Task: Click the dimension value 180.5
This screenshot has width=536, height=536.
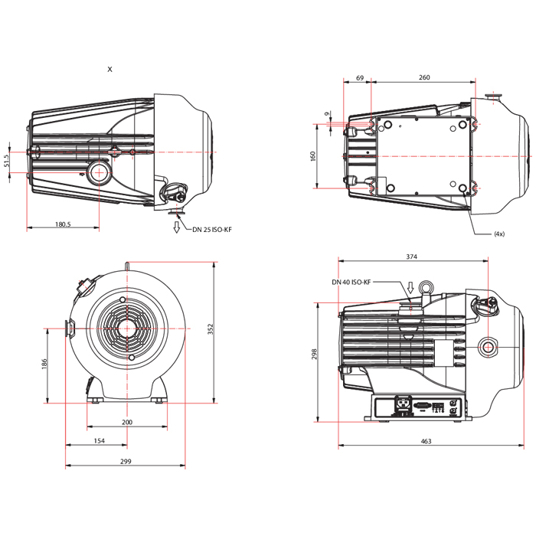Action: [x=63, y=224]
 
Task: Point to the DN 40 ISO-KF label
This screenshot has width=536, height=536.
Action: [x=351, y=282]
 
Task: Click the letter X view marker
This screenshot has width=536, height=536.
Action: [x=109, y=69]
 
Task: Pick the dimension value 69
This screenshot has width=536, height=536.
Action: [x=359, y=77]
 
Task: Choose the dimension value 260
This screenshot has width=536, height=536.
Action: [x=424, y=77]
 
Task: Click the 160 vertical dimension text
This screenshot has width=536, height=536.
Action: [x=313, y=156]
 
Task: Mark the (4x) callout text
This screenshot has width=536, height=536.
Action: [x=499, y=234]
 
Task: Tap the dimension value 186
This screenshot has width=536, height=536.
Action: [x=44, y=364]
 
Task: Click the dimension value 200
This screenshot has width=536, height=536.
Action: [x=127, y=422]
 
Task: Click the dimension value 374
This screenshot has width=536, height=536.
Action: [x=413, y=257]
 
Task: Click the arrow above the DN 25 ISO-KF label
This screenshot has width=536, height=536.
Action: [x=177, y=224]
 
